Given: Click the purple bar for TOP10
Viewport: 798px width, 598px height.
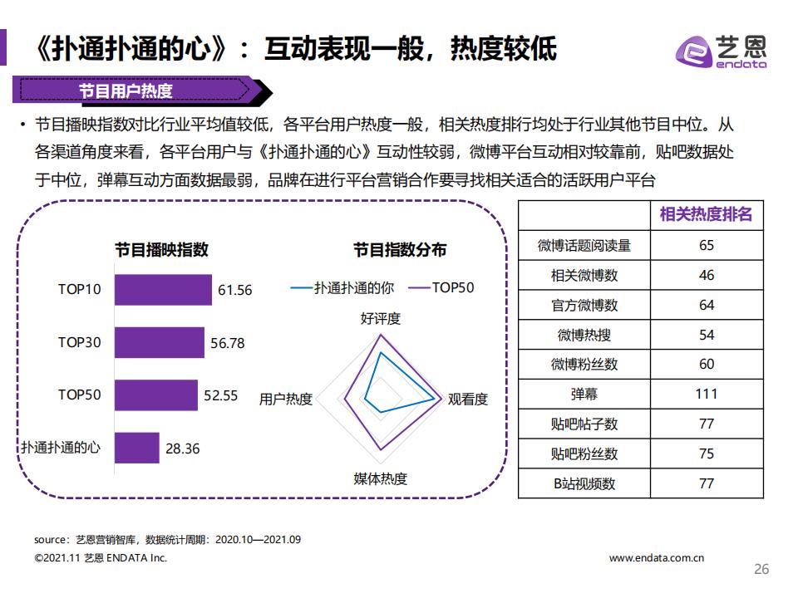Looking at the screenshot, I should pyautogui.click(x=163, y=290).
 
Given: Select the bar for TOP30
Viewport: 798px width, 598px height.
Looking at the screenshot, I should pyautogui.click(x=159, y=342).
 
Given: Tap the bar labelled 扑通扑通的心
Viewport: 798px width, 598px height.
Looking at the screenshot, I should pyautogui.click(x=136, y=448).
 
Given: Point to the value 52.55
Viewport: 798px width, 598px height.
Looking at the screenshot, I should pyautogui.click(x=221, y=395).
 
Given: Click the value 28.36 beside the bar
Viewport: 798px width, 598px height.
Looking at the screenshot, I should pyautogui.click(x=183, y=448).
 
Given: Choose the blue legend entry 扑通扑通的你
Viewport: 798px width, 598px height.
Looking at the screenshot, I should pyautogui.click(x=342, y=287).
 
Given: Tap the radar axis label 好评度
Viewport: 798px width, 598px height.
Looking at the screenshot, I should pyautogui.click(x=380, y=318).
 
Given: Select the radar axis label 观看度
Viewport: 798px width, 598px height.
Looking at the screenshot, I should pyautogui.click(x=467, y=399).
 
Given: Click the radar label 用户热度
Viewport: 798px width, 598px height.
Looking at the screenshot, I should pyautogui.click(x=286, y=399).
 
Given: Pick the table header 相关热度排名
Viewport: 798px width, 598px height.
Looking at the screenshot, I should pyautogui.click(x=706, y=214).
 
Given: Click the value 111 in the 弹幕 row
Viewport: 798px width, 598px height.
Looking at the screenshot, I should pyautogui.click(x=706, y=394).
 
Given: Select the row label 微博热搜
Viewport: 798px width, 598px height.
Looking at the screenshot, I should pyautogui.click(x=584, y=335).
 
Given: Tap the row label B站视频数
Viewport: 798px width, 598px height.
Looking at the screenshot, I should pyautogui.click(x=584, y=483).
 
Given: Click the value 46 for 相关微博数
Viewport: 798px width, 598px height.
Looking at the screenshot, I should pyautogui.click(x=706, y=275).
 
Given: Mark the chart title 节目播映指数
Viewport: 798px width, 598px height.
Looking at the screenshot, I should pyautogui.click(x=161, y=249).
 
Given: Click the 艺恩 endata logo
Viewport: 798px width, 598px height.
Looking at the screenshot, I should pyautogui.click(x=720, y=51).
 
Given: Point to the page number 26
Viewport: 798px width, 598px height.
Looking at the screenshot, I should pyautogui.click(x=761, y=569).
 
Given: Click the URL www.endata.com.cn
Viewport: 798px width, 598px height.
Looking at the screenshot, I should pyautogui.click(x=656, y=558).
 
